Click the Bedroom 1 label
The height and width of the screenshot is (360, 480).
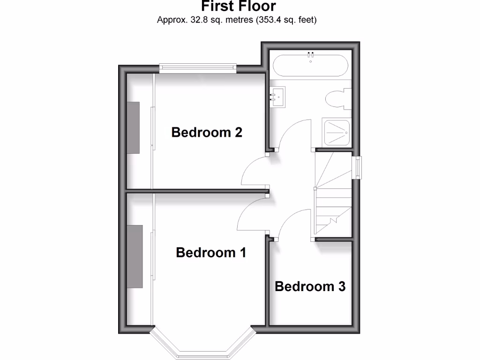coord(211,253)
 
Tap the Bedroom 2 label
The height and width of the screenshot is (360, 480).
coord(207,132)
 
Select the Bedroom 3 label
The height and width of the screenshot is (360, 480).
coord(310,286)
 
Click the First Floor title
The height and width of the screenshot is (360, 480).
coord(239,7)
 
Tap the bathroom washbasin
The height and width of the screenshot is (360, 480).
coord(278,97)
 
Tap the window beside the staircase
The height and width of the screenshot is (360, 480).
coord(358,167)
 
